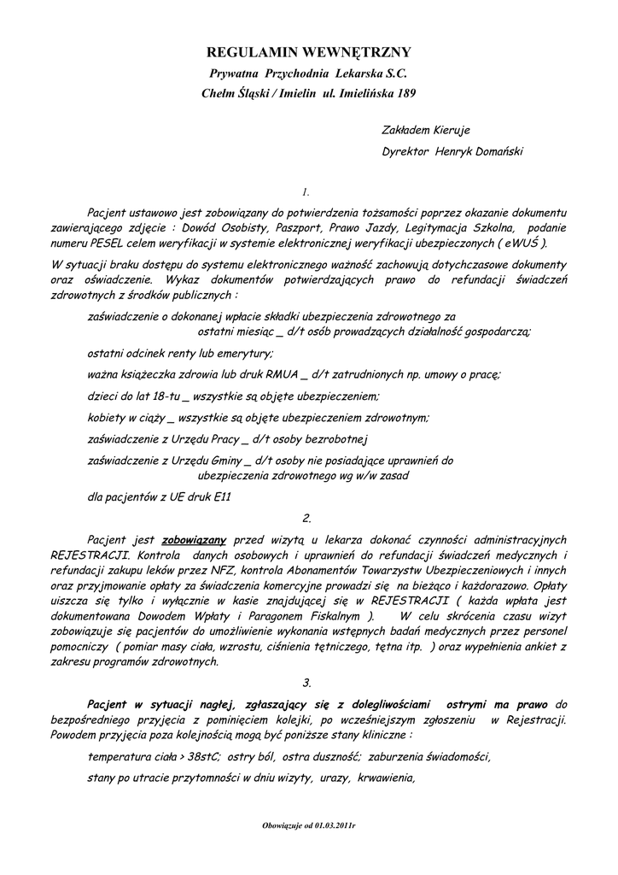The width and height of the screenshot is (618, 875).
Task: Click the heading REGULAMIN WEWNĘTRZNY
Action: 309,53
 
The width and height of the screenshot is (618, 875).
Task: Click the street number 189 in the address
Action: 405,92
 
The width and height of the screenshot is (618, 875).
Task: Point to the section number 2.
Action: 307,519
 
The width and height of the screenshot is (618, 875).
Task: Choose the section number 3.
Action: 307,683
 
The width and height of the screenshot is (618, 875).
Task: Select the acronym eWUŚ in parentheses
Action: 521,244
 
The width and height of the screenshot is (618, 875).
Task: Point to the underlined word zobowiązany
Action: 193,540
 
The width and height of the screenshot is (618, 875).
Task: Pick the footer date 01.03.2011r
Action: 332,827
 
